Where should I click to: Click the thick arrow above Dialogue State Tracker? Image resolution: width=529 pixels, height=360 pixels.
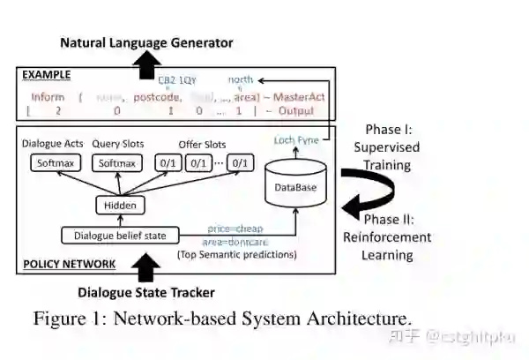click(x=146, y=266)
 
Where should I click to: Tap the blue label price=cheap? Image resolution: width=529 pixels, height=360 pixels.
click(x=235, y=228)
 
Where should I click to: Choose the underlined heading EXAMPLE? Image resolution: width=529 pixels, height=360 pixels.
click(x=45, y=75)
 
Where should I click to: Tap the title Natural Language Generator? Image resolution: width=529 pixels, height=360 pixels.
click(x=145, y=41)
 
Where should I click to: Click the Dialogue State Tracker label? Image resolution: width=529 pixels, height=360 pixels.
click(x=146, y=292)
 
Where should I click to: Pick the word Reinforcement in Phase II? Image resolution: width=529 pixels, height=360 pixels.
click(x=387, y=236)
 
